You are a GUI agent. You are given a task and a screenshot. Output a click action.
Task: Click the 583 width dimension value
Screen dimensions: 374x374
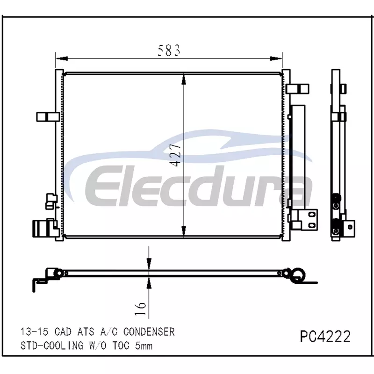(x=169, y=50)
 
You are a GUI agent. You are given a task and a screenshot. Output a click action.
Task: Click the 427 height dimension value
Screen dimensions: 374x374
(x=176, y=155)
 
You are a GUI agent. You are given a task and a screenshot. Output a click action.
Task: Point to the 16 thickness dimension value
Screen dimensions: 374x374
(x=141, y=309)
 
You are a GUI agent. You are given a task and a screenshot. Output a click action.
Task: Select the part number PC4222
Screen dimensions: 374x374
(x=325, y=336)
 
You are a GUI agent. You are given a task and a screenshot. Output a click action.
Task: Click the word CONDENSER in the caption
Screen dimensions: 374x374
(x=149, y=332)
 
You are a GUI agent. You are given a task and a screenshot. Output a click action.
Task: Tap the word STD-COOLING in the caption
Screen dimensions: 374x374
(x=52, y=345)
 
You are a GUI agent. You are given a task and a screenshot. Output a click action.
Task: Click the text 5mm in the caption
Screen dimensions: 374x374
(x=144, y=345)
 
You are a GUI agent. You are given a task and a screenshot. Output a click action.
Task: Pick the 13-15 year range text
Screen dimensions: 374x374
(x=34, y=332)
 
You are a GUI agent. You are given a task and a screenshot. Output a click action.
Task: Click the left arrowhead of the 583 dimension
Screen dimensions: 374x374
(x=62, y=58)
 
